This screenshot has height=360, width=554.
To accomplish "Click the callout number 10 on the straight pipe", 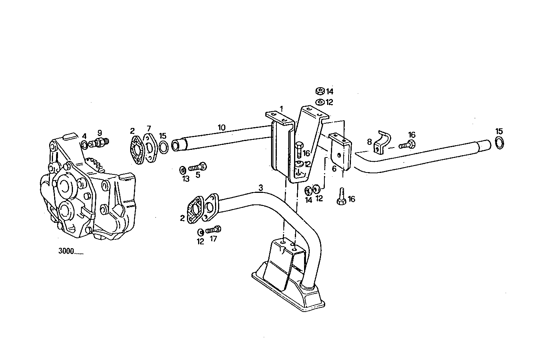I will coord(221,127).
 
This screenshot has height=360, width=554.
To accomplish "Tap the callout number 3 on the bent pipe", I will coord(261,188).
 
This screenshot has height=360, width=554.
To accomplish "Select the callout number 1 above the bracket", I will coord(281,109).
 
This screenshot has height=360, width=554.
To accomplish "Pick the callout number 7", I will coord(149,128).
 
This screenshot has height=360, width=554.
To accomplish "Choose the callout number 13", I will coord(185,179).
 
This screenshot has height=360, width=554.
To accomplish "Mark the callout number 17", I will coord(213,239).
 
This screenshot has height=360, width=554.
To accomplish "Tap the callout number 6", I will coord(334,168).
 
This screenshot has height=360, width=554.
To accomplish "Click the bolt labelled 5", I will coord(198,167).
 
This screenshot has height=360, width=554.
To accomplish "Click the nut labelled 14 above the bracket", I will coord(319,91).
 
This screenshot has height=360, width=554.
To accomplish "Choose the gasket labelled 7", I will coord(149,144).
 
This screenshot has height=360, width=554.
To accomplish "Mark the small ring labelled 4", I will coord(84,145).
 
